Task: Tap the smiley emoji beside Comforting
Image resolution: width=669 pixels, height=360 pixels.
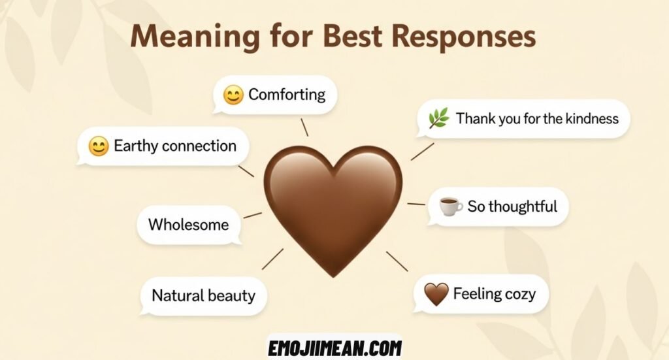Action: pos(233,95)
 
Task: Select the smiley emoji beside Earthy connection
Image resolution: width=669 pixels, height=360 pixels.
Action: pos(98,147)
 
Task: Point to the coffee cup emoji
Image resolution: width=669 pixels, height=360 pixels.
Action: pos(450,207)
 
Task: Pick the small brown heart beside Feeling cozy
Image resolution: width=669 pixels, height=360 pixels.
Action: pos(436,295)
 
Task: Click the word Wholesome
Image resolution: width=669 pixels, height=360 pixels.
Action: pos(188,225)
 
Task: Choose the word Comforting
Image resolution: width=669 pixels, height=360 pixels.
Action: pos(287,95)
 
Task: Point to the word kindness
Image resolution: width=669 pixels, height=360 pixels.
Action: pos(587,119)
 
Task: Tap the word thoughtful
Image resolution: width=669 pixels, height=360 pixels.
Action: pos(523,207)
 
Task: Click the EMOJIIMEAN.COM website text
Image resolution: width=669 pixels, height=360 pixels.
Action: pos(334,348)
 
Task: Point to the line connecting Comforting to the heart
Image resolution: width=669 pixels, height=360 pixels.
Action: pos(304,127)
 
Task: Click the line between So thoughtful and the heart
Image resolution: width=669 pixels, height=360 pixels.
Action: pos(416,205)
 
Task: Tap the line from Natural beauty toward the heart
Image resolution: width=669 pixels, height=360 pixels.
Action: pos(273,259)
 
